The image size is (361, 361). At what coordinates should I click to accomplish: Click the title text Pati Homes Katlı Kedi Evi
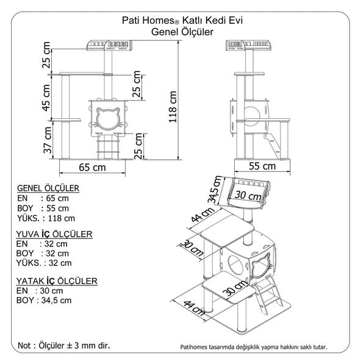click(181, 20)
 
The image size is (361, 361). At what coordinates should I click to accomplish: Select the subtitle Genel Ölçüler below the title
click(181, 31)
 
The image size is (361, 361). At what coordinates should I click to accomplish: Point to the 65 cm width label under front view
click(91, 166)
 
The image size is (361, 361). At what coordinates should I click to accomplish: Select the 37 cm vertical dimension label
click(46, 141)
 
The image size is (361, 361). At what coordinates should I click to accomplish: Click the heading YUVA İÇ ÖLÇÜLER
click(54, 234)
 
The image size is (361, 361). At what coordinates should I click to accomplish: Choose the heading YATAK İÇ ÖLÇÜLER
click(56, 281)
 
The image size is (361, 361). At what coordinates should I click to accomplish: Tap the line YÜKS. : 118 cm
click(46, 218)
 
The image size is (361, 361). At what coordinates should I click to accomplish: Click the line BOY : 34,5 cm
click(44, 300)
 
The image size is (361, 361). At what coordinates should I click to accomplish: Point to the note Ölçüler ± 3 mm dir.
click(64, 345)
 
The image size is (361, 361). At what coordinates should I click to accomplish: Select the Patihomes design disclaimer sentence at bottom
click(253, 347)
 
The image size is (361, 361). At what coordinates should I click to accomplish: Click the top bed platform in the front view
click(111, 44)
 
